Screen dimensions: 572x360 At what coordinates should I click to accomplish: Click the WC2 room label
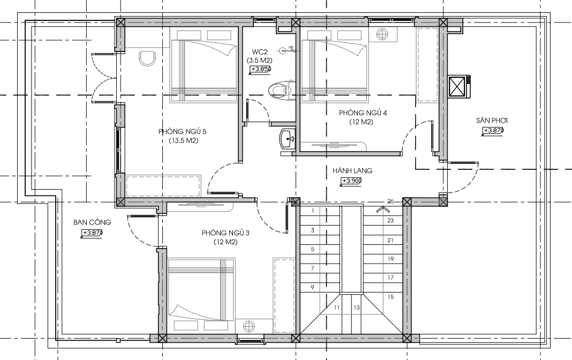259,52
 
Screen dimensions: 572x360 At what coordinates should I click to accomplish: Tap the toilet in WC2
280,89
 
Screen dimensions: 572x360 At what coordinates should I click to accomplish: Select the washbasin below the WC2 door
288,139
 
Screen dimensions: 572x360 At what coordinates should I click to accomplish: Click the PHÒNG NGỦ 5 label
183,131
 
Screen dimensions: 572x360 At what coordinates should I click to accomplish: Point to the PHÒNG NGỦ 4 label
363,112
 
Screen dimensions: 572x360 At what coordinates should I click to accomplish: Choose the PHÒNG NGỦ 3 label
225,232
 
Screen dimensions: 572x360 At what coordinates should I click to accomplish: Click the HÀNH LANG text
352,170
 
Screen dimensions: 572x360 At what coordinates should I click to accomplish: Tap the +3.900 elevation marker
351,181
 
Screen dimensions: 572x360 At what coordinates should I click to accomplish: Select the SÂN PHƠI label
492,121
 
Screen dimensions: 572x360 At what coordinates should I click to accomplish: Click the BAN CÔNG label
92,222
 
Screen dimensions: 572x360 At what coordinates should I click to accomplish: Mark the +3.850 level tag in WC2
260,69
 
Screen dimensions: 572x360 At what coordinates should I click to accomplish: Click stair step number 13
356,307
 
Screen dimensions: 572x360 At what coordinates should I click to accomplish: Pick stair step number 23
390,220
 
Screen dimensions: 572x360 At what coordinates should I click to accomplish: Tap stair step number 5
313,250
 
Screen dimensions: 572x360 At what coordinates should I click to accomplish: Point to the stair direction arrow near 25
382,209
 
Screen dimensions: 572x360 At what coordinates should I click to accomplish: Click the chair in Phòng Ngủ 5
147,58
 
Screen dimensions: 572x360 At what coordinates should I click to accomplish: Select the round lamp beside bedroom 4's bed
382,34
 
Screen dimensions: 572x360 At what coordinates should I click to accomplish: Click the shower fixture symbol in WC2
287,50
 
